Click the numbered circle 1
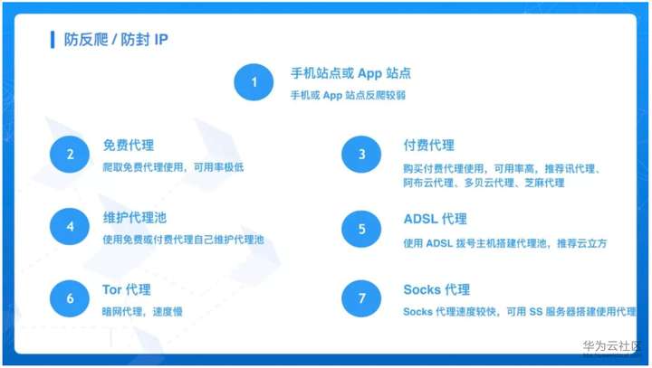click(x=254, y=81)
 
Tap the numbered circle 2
click(x=70, y=154)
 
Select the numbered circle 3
click(x=361, y=154)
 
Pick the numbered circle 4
click(x=70, y=226)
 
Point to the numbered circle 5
click(x=361, y=229)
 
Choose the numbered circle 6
click(x=70, y=298)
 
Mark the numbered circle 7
click(x=361, y=298)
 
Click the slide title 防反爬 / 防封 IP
click(x=116, y=40)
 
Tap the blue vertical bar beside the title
click(x=53, y=40)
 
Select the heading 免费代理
click(x=128, y=145)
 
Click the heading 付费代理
click(x=428, y=145)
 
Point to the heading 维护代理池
click(x=135, y=217)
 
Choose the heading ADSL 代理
click(x=435, y=219)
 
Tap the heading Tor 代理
click(x=127, y=289)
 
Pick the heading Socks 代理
click(x=436, y=289)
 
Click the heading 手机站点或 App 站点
click(x=350, y=73)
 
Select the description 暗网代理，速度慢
click(x=142, y=312)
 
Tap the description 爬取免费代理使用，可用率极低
click(x=173, y=167)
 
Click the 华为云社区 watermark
click(x=610, y=345)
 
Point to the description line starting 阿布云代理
click(x=484, y=183)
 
